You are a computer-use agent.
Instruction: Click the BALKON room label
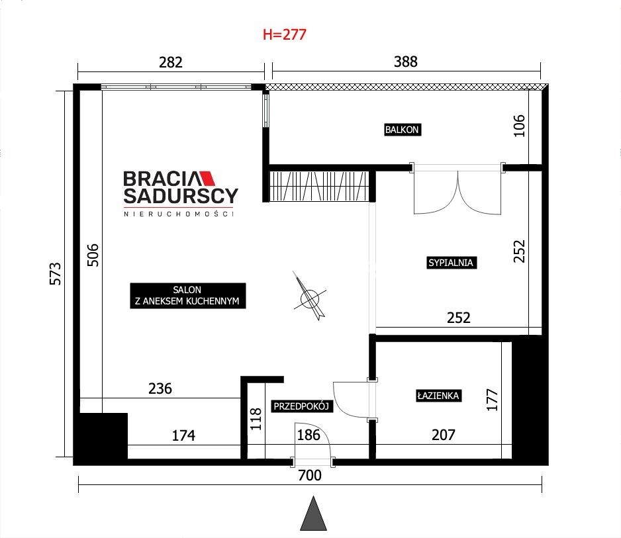click(x=403, y=130)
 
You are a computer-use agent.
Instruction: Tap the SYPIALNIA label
click(x=451, y=263)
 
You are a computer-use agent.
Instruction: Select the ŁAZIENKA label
click(x=438, y=396)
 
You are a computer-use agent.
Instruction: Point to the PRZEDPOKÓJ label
click(x=301, y=406)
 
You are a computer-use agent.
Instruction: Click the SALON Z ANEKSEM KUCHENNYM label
click(x=187, y=295)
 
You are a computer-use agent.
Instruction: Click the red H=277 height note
click(x=285, y=34)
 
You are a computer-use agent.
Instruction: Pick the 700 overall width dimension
click(x=310, y=475)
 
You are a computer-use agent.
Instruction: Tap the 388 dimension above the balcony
click(x=406, y=62)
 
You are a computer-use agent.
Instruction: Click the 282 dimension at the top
click(x=171, y=62)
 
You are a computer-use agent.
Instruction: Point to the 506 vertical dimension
click(x=93, y=255)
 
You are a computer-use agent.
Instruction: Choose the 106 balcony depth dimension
click(x=519, y=126)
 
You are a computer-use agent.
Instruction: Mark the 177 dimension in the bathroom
click(x=493, y=400)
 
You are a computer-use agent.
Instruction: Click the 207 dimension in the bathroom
click(x=444, y=435)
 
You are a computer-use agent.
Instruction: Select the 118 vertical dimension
click(x=256, y=420)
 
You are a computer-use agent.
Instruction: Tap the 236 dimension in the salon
click(x=160, y=388)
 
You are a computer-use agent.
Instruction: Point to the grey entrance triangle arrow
click(x=313, y=514)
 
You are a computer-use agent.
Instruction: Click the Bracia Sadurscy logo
click(x=181, y=194)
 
